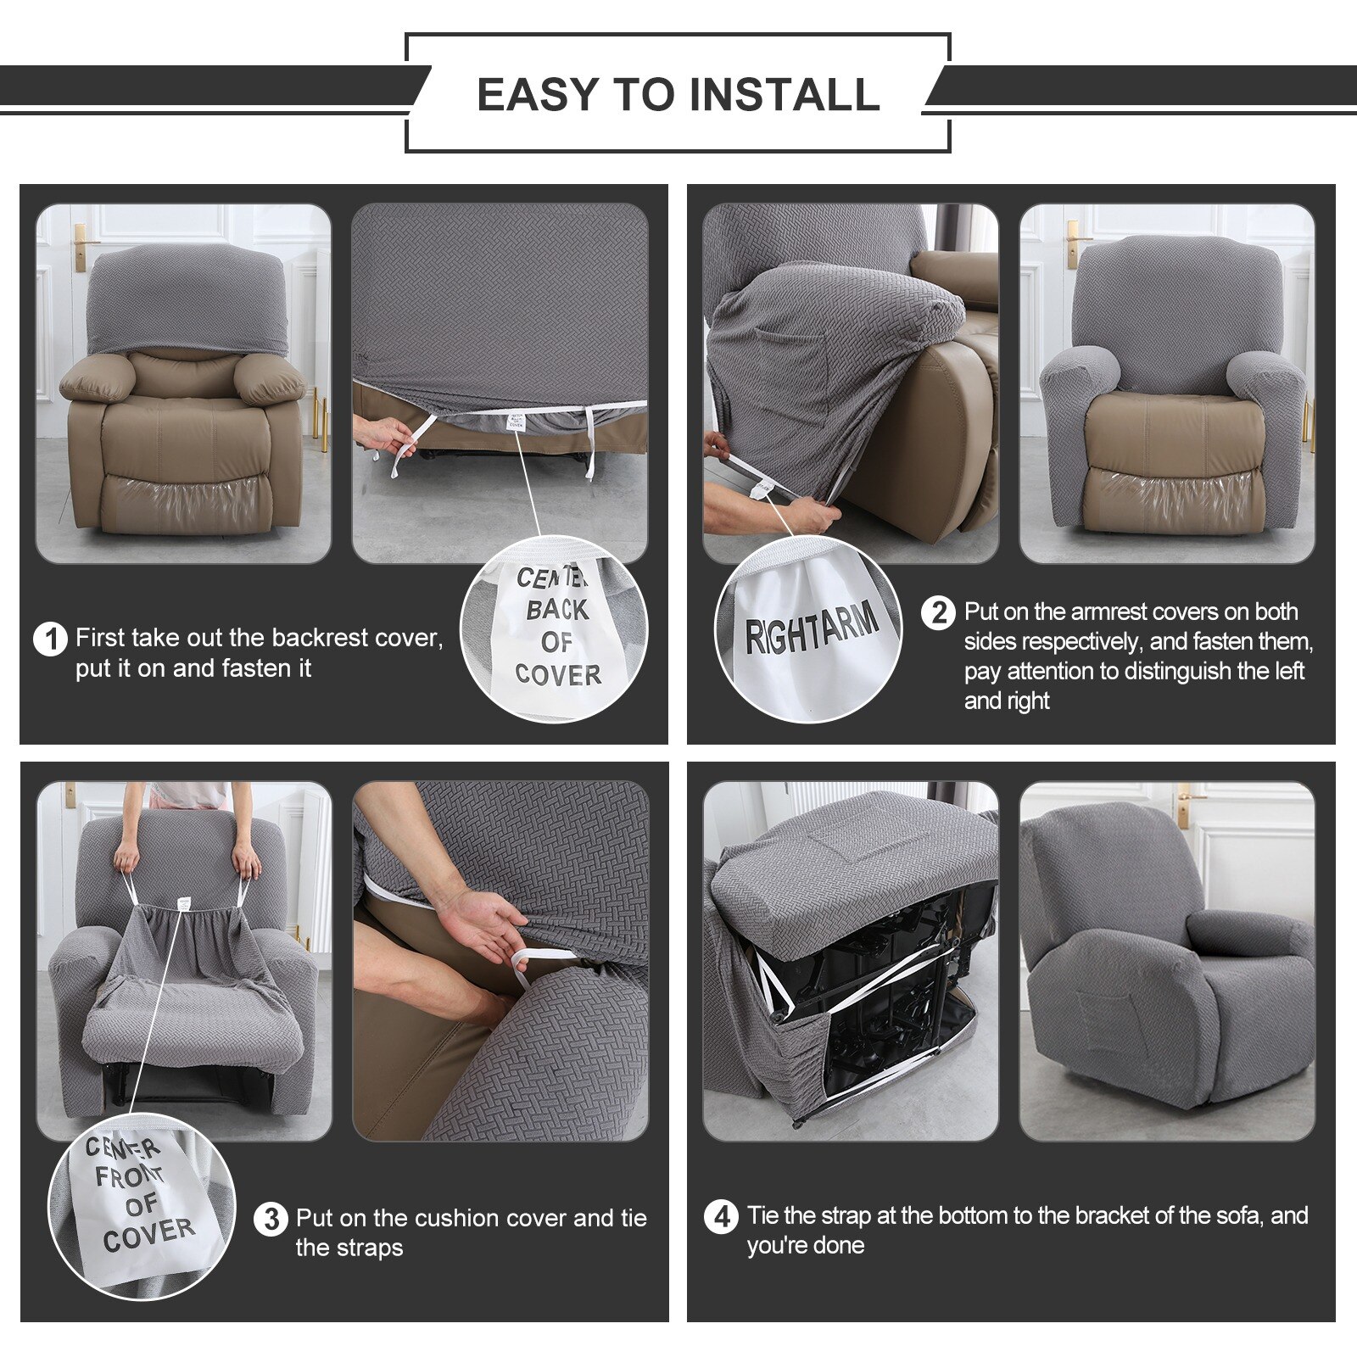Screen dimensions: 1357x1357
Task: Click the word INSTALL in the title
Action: (x=785, y=94)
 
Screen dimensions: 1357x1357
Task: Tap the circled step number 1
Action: (x=50, y=639)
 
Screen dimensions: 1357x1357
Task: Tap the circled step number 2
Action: (x=938, y=612)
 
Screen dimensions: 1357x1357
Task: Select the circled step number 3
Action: (x=271, y=1220)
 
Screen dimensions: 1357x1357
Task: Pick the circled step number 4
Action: (x=721, y=1217)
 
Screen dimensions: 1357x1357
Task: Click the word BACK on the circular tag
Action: (x=556, y=610)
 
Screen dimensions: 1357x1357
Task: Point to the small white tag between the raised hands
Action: (x=182, y=904)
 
